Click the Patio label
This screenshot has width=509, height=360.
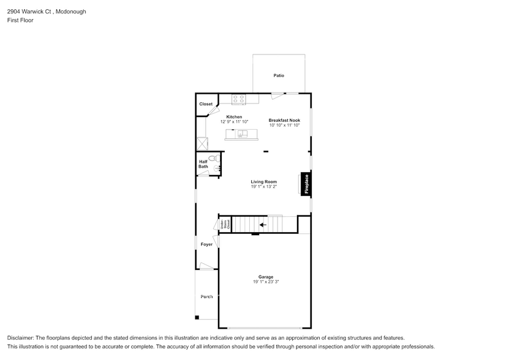[x=279, y=76]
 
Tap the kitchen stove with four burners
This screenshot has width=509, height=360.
[x=238, y=98]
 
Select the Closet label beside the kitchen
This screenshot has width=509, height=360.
[x=206, y=104]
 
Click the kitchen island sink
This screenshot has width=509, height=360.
[x=242, y=134]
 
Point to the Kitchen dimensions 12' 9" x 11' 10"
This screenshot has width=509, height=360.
[x=235, y=122]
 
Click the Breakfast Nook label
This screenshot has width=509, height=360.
[x=284, y=120]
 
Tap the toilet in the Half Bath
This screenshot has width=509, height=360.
[x=214, y=158]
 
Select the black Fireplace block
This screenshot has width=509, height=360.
[x=306, y=184]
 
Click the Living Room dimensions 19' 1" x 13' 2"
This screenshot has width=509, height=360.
[x=263, y=187]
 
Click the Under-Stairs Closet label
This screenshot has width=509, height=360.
[x=225, y=225]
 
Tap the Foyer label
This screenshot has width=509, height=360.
[x=206, y=244]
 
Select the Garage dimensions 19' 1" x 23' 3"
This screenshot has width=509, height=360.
[x=265, y=282]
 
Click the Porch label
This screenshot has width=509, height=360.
[x=206, y=296]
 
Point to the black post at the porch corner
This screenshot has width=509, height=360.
[x=197, y=317]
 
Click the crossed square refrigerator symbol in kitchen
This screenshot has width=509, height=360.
[x=202, y=143]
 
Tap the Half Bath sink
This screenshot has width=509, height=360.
[x=217, y=168]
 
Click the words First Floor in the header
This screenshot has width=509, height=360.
[x=21, y=20]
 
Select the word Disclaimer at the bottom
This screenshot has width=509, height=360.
[x=21, y=338]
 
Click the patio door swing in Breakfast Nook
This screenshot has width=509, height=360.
[x=277, y=96]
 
